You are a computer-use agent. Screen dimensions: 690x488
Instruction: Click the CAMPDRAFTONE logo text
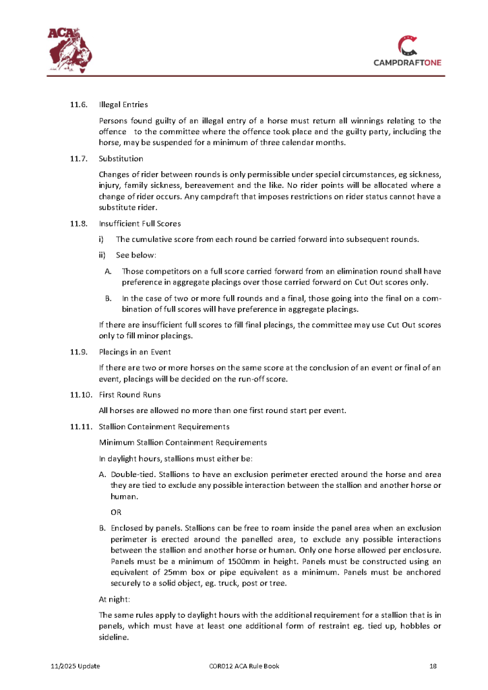coord(408,63)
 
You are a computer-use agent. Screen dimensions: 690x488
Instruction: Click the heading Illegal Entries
coord(123,104)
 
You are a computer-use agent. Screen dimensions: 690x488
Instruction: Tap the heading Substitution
coord(121,159)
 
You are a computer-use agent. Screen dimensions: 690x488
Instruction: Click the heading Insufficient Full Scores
coord(140,223)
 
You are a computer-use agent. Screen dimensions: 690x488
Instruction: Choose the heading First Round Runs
coord(129,395)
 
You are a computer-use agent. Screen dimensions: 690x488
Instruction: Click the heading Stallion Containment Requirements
coord(164,427)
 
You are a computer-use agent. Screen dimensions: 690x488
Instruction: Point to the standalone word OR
coord(116,511)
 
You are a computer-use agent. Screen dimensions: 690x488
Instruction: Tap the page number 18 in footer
coord(433,666)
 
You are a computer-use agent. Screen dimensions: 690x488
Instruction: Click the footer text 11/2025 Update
coord(75,666)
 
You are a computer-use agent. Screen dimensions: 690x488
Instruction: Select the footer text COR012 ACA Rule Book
coord(244,666)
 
